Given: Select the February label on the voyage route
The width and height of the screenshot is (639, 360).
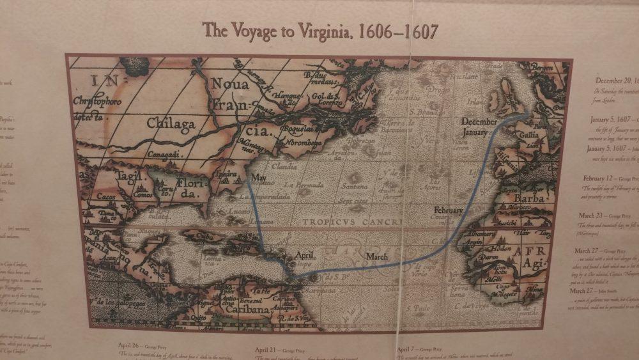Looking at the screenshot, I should tap(448, 210).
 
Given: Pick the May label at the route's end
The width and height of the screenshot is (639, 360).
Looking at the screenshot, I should tap(259, 177).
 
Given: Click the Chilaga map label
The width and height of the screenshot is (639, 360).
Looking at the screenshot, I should tap(169, 123).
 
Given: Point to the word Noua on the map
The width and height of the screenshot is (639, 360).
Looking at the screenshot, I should tap(230, 84).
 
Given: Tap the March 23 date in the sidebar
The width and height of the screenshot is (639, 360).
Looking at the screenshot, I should tap(593, 216).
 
